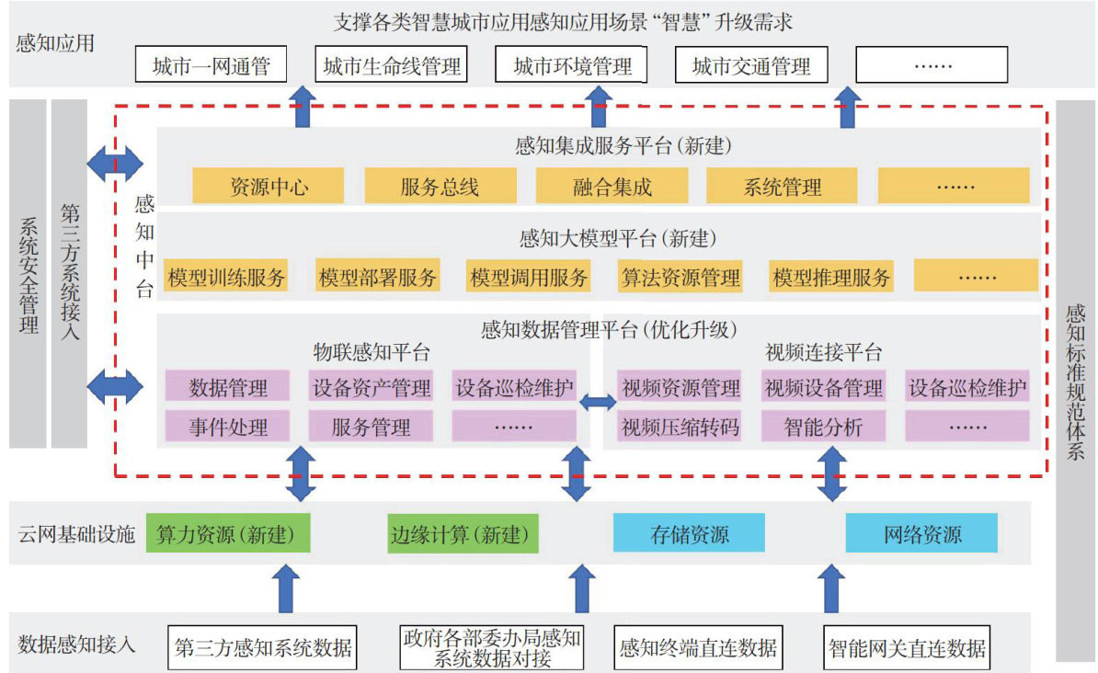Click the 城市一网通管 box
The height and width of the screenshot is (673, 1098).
click(x=207, y=65)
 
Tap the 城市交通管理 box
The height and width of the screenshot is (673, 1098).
click(x=750, y=65)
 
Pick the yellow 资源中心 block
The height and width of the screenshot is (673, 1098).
click(x=268, y=187)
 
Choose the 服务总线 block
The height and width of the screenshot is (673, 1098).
click(x=440, y=187)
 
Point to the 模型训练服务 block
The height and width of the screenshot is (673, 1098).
click(x=226, y=277)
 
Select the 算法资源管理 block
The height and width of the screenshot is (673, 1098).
click(x=680, y=277)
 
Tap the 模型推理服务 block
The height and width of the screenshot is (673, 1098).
click(x=831, y=277)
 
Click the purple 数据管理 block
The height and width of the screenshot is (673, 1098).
click(x=228, y=387)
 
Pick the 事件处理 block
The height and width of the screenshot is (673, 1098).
click(x=228, y=427)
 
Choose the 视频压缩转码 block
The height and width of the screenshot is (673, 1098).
click(x=680, y=427)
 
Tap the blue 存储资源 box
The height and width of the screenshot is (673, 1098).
click(x=689, y=534)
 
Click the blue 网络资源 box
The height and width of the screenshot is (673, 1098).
click(x=921, y=534)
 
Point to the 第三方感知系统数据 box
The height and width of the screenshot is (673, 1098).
click(x=263, y=647)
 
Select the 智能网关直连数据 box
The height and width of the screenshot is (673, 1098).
click(x=905, y=647)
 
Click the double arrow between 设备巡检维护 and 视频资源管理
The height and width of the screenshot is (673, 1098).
click(x=599, y=401)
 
